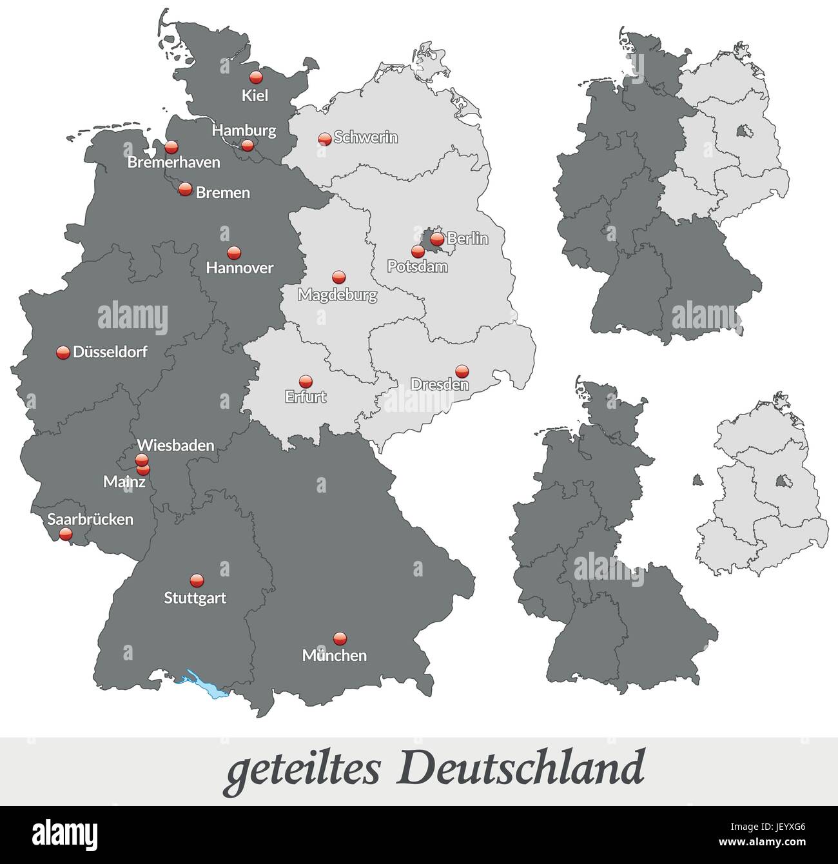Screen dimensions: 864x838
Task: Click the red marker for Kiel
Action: [x=256, y=77]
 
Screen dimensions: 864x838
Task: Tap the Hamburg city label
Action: [x=244, y=130]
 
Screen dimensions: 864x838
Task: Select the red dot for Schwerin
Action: [x=325, y=139]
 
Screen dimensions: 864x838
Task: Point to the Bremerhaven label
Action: [x=173, y=162]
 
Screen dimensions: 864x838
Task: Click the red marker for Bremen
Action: [x=185, y=190]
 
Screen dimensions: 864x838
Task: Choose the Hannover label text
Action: [x=239, y=268]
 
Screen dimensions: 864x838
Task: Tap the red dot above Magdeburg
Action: [x=338, y=278]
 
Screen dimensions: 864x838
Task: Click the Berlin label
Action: [x=467, y=239]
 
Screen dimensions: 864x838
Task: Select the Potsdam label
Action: [x=417, y=266]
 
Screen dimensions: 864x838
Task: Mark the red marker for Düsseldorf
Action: [x=63, y=353]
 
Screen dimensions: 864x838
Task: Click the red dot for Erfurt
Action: [x=306, y=382]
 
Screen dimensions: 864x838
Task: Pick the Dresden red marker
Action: [x=462, y=371]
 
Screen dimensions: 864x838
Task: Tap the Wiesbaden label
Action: [x=175, y=446]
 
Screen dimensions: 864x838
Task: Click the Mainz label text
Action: [x=124, y=482]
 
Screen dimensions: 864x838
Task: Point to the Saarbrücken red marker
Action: [x=65, y=534]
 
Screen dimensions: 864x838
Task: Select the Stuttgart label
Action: [x=195, y=598]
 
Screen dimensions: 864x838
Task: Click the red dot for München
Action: [x=340, y=638]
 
